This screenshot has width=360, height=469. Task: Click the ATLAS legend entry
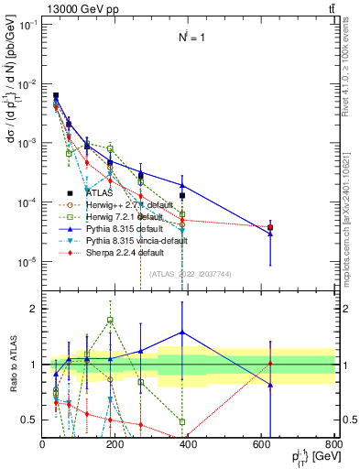click(100, 193)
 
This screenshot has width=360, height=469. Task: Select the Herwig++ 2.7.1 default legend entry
click(129, 205)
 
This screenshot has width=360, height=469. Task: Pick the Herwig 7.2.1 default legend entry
click(126, 217)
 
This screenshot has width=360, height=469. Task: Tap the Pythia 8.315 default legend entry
click(126, 229)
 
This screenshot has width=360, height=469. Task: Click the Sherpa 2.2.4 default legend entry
click(126, 253)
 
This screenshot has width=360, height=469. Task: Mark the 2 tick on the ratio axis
click(36, 309)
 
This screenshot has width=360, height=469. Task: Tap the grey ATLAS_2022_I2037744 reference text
click(187, 274)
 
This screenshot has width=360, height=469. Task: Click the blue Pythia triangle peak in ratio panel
click(182, 333)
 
